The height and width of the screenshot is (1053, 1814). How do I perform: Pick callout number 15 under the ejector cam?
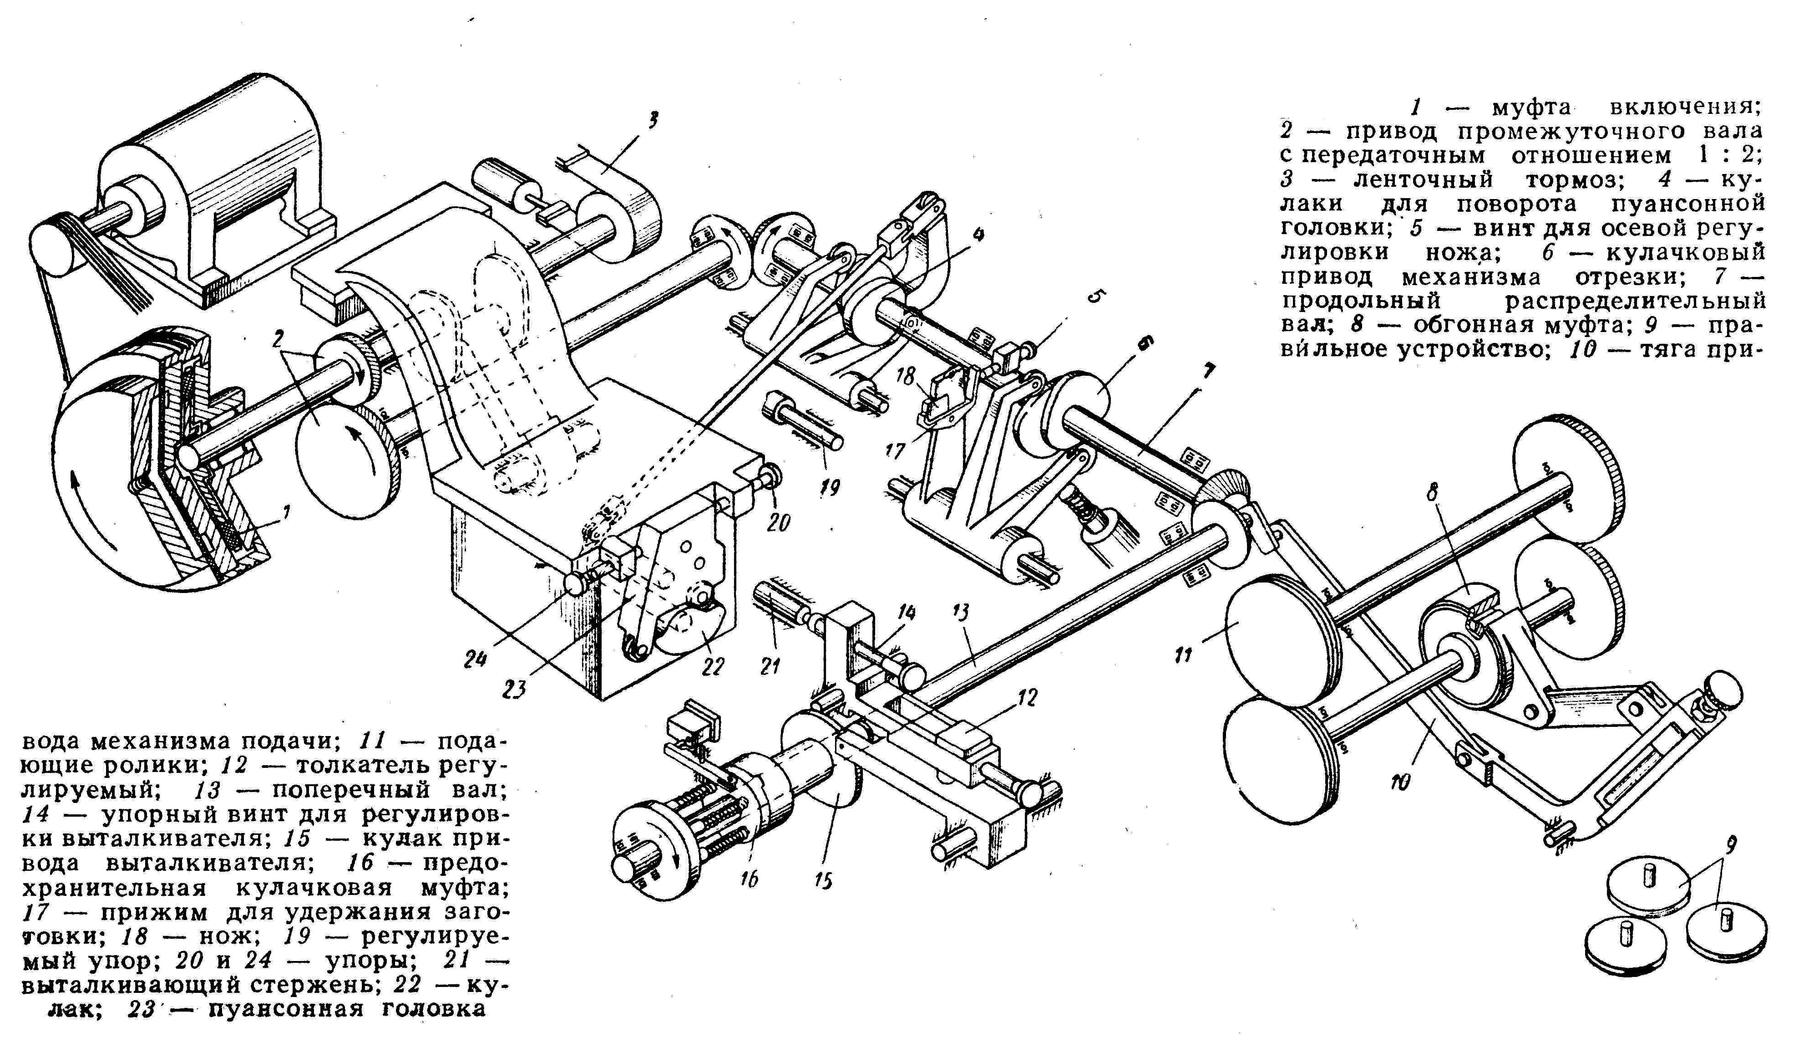coord(824,880)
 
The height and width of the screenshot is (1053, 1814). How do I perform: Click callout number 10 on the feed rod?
coord(1400,782)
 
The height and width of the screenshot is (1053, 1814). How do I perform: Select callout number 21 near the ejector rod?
coord(770,666)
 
